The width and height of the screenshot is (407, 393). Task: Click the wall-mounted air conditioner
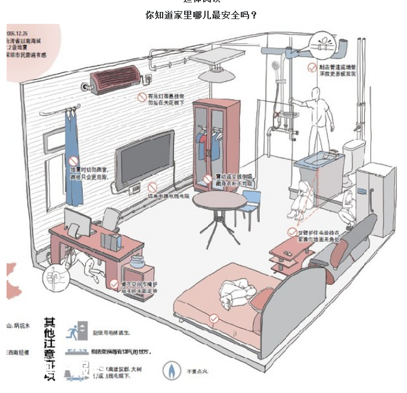click(x=116, y=77)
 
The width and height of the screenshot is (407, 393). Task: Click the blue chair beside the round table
click(x=251, y=203)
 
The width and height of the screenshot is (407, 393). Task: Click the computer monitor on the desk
click(x=77, y=221)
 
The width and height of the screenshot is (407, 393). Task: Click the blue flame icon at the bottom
click(x=171, y=370)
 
